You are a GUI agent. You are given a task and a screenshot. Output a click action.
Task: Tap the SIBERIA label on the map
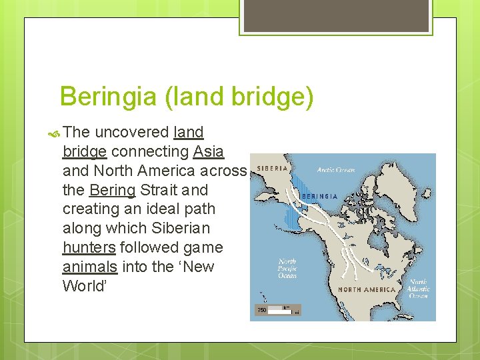click(272, 167)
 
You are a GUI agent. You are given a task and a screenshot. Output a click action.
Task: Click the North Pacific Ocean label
click(287, 268)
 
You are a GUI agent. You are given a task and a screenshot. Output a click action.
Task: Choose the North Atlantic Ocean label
click(419, 288)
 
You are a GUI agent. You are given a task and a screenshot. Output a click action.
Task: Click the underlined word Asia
click(209, 151)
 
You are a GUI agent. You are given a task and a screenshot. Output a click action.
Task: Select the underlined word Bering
click(112, 190)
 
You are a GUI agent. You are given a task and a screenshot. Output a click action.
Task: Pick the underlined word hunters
click(89, 248)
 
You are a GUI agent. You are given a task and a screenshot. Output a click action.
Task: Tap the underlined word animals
click(90, 267)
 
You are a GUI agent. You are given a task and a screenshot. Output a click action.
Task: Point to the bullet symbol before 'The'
click(53, 132)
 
